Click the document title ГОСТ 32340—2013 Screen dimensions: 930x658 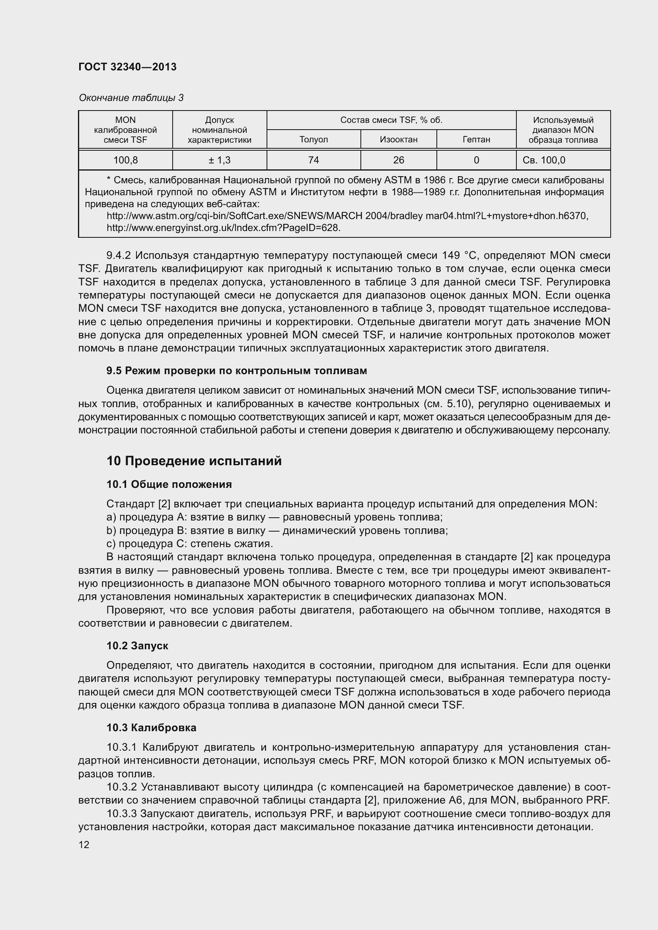click(x=128, y=67)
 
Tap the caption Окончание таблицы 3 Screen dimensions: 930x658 click(x=131, y=98)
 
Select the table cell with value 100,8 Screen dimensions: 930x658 click(x=126, y=160)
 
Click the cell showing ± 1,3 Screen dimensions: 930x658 click(x=219, y=160)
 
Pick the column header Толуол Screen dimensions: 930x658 click(x=313, y=140)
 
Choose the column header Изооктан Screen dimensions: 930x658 click(x=398, y=140)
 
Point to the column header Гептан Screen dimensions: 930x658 click(x=476, y=140)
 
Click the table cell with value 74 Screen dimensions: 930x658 click(x=313, y=160)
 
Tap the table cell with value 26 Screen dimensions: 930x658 click(x=398, y=160)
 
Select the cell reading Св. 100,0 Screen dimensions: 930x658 click(x=544, y=160)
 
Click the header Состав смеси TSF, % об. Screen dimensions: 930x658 click(x=391, y=120)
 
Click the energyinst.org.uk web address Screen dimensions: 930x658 click(x=223, y=228)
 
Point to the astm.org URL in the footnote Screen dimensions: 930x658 click(x=347, y=216)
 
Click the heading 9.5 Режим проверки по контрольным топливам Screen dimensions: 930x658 click(x=237, y=371)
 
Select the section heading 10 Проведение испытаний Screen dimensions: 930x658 click(x=194, y=461)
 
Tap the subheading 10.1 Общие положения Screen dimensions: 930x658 click(x=169, y=484)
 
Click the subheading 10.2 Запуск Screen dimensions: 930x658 click(x=137, y=646)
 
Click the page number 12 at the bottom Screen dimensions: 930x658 click(x=84, y=845)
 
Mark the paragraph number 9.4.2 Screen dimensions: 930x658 click(x=118, y=256)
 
